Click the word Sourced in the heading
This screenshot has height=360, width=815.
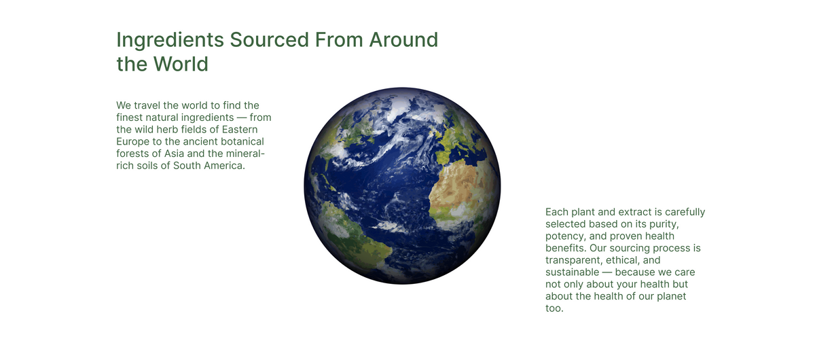[269, 39]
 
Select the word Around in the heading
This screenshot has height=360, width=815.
[403, 39]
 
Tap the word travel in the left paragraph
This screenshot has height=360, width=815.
[147, 105]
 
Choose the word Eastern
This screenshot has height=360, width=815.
[240, 130]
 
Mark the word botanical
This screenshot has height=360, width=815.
[242, 141]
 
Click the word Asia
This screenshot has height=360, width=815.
[174, 154]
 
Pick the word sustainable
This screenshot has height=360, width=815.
[572, 272]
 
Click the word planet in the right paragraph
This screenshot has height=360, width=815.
[671, 296]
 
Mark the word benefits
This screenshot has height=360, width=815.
[566, 248]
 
